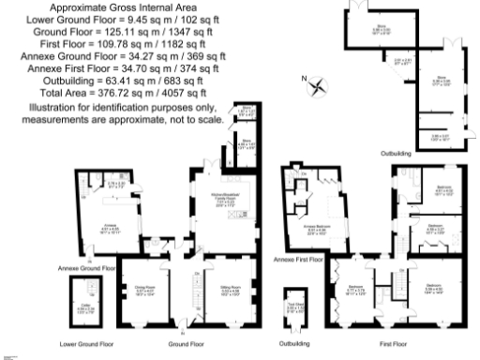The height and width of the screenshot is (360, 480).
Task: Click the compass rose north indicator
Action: (x=319, y=87)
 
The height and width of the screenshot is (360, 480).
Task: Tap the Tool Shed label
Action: (x=294, y=306)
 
